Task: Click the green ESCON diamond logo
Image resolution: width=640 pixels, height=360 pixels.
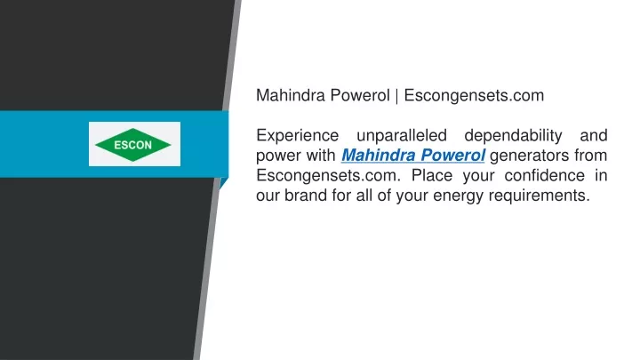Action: coord(133,145)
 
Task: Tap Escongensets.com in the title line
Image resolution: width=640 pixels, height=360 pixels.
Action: coord(474,95)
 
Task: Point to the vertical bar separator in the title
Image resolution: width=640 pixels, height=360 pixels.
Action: coord(396,96)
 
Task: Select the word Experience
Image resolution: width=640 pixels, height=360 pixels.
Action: coord(297,136)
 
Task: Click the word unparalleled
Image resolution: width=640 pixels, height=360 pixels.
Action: coord(402,135)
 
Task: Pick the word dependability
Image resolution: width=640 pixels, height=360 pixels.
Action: coord(513,136)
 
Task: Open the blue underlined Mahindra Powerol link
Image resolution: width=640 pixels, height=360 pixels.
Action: coord(413,156)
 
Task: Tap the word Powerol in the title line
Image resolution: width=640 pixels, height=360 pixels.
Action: coord(360,95)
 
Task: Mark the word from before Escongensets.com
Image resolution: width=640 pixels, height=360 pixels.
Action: coord(590,156)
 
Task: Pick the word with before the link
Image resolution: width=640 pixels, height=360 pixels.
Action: coord(321,156)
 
